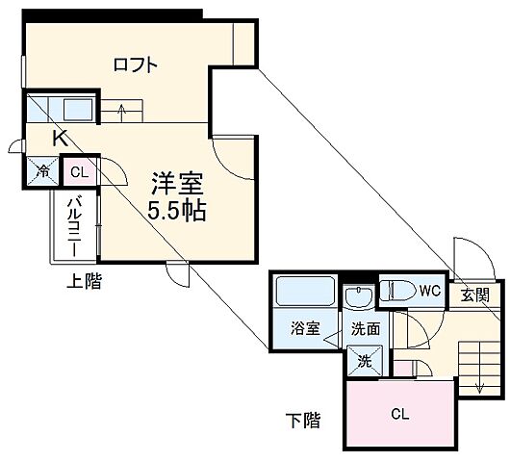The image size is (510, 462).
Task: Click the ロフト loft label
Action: click(136, 65)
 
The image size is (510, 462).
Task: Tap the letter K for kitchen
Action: click(60, 138)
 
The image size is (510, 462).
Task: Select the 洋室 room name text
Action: click(175, 182)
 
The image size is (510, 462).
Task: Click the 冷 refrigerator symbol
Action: click(44, 172)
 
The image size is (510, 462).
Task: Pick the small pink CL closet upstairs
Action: click(79, 173)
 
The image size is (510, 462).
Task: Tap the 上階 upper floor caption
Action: click(85, 282)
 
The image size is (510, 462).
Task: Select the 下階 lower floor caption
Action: click(302, 421)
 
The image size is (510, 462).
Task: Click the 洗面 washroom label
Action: click(364, 328)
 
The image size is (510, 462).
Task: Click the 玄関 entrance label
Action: click(473, 295)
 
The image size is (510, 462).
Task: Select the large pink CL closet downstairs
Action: click(397, 415)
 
